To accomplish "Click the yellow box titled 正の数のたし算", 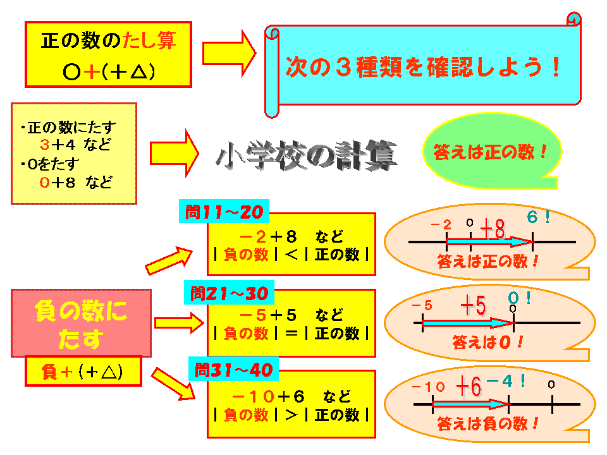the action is [108, 54].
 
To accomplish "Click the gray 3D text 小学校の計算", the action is [307, 155].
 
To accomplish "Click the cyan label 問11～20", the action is [224, 211].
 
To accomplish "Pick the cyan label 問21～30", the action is [229, 293].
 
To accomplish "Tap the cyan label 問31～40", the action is [233, 370].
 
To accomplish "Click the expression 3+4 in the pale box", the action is [58, 145].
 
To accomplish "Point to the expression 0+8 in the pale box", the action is [58, 182].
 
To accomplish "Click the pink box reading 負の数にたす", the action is [81, 323].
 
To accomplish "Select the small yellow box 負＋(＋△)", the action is [83, 372].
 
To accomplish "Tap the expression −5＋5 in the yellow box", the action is [268, 315].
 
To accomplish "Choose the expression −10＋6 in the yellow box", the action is [268, 396].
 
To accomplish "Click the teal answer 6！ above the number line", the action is [539, 217].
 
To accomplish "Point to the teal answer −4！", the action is [506, 381].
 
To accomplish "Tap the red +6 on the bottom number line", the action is [469, 386].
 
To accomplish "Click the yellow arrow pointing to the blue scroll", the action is [229, 53].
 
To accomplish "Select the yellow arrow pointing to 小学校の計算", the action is [175, 153].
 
